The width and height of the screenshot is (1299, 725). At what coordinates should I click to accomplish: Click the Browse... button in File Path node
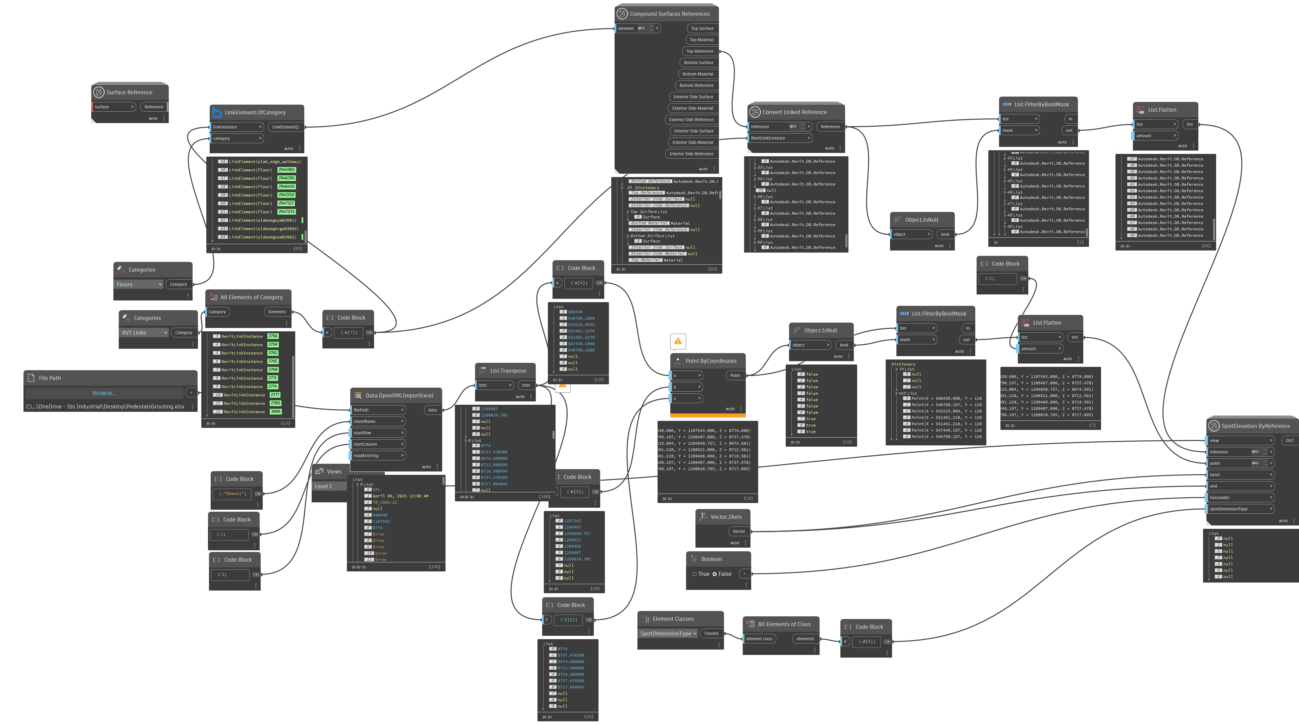(104, 393)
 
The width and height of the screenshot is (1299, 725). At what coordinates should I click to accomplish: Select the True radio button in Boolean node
(694, 574)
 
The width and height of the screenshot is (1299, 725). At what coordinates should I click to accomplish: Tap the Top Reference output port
(700, 51)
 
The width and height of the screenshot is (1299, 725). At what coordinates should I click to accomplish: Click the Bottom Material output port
(697, 74)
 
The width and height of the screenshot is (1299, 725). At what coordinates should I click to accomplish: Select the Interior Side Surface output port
(693, 131)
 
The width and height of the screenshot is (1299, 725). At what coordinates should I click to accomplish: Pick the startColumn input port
(377, 444)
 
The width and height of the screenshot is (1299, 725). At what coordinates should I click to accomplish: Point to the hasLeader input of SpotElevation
(1240, 498)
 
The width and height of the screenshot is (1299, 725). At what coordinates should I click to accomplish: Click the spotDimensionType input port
(1240, 509)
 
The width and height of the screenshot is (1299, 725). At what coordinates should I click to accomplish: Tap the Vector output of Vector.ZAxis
(739, 532)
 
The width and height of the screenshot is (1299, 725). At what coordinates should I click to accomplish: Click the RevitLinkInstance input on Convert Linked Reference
(779, 138)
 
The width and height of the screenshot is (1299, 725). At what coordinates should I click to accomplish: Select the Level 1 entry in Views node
(328, 487)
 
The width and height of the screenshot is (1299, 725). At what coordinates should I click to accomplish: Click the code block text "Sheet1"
(235, 494)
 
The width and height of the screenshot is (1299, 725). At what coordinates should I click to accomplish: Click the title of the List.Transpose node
(508, 371)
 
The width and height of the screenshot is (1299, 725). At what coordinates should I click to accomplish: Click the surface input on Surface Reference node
(113, 107)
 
